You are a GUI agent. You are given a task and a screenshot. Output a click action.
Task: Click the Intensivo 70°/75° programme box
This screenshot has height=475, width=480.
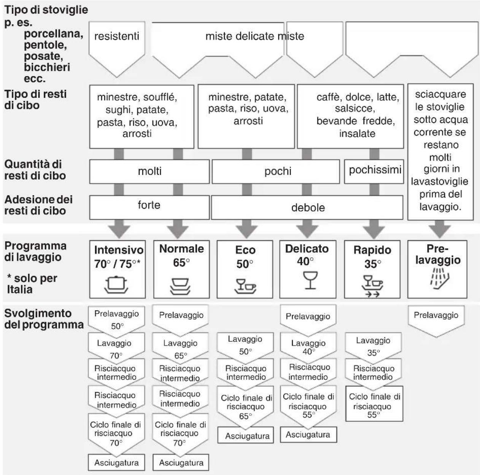[x=117, y=269]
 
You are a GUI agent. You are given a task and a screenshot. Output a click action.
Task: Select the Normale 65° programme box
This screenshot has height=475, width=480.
[x=181, y=269]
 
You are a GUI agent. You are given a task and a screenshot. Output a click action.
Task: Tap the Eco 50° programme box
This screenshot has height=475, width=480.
[x=245, y=269]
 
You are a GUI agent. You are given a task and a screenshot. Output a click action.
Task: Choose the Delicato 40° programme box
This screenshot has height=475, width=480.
[x=308, y=269]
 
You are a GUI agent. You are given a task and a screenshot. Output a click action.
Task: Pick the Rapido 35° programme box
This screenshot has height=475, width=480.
[x=372, y=269]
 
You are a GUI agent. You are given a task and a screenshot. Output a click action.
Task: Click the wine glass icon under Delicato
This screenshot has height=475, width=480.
[x=310, y=280]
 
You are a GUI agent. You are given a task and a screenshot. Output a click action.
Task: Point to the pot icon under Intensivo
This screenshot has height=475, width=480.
[x=116, y=285]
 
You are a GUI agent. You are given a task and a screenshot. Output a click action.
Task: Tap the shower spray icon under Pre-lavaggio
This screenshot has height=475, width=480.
[x=440, y=278]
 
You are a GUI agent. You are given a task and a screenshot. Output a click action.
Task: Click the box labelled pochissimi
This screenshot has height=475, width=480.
[x=374, y=172]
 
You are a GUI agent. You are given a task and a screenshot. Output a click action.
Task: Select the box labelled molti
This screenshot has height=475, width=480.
[x=149, y=172]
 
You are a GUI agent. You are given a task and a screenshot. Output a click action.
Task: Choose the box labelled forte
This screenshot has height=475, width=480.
[x=149, y=207]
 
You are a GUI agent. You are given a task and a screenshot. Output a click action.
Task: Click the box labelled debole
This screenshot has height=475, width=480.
[x=307, y=207]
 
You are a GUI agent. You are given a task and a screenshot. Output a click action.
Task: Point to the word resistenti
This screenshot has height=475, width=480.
[x=116, y=36]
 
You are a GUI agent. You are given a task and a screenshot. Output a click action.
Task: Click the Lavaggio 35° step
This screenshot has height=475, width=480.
[x=373, y=346]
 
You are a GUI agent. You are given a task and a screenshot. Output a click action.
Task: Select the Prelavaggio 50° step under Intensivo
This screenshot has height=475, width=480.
[x=116, y=320]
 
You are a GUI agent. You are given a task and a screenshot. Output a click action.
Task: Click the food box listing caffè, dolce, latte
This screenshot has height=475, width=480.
[x=350, y=117]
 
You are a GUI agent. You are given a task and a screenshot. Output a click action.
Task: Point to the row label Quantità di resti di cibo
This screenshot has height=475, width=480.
[x=35, y=170]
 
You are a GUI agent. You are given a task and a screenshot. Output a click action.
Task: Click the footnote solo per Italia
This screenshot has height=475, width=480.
[x=32, y=284]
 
